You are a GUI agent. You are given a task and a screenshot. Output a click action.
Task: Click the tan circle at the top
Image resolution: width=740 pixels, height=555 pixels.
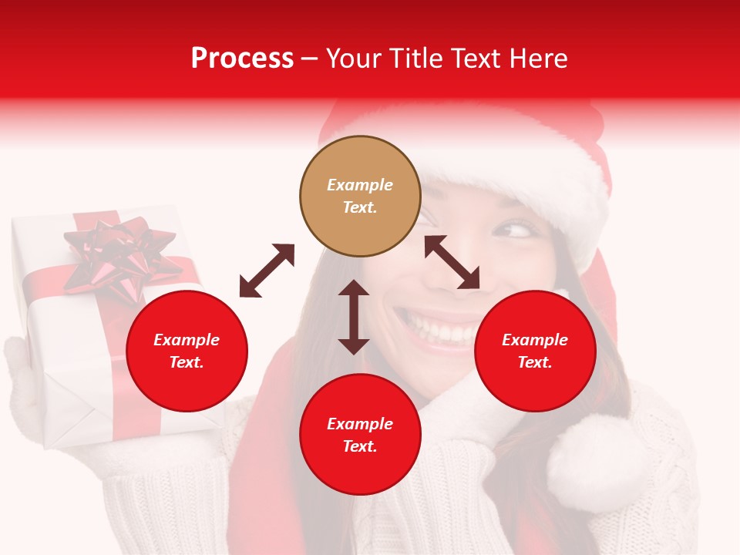(x=360, y=197)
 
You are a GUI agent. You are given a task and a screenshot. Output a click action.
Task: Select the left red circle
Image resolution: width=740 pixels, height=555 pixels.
(x=187, y=351)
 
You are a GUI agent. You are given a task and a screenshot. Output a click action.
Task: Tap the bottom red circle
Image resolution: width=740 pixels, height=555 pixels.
(x=360, y=435)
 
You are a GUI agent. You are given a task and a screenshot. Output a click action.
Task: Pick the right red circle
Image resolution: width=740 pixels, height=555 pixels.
(x=535, y=351)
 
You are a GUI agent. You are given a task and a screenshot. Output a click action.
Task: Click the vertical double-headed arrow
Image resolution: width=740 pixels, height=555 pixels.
(x=354, y=317)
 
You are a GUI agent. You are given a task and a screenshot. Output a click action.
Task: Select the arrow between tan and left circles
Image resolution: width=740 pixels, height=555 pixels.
(x=267, y=271)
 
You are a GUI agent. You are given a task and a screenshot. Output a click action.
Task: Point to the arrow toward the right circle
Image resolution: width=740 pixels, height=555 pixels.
(x=452, y=262)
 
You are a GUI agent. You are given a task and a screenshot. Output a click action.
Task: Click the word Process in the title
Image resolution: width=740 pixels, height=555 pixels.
(x=242, y=58)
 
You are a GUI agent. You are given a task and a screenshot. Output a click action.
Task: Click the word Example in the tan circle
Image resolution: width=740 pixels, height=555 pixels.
(x=360, y=185)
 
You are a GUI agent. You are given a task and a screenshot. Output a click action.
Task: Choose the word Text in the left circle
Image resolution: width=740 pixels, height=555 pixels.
(x=187, y=362)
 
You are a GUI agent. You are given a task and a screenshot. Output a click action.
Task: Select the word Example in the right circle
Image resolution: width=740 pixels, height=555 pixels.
(x=535, y=340)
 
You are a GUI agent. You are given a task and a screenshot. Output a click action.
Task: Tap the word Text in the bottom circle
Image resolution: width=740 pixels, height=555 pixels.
(x=360, y=446)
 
